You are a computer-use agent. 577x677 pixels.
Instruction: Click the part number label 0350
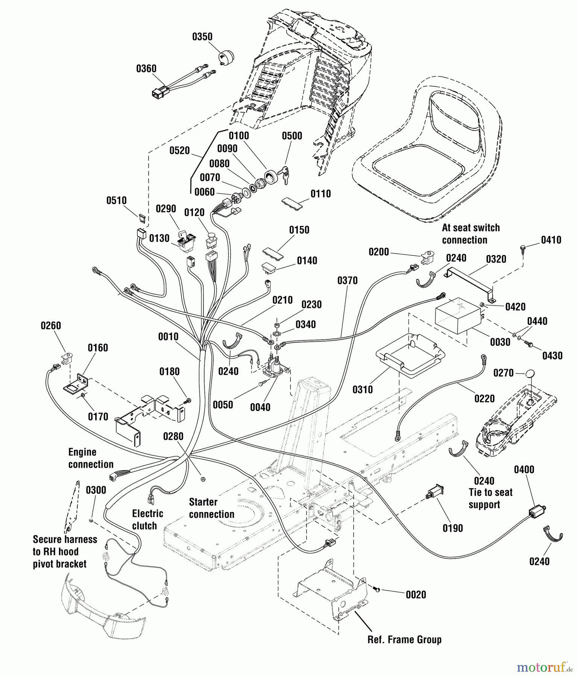[x=202, y=37]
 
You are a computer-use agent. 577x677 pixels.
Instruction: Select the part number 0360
[x=146, y=69]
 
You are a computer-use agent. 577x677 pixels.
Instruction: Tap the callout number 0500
[x=292, y=136]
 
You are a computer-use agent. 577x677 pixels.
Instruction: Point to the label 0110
[x=320, y=194]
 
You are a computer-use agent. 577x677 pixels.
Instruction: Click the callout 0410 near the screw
[x=551, y=240]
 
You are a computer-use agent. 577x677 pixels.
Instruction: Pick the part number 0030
[x=500, y=342]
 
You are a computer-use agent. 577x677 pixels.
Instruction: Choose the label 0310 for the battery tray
[x=363, y=389]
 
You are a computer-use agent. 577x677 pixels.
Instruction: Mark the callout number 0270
[x=503, y=373]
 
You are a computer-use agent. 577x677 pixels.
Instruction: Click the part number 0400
[x=524, y=469]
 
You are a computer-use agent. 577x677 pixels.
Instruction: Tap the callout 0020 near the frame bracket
[x=416, y=595]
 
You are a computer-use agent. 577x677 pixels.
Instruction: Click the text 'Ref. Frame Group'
[x=404, y=640]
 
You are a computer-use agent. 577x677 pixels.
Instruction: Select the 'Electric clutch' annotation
[x=147, y=519]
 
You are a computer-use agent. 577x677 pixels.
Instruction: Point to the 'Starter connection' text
[x=211, y=508]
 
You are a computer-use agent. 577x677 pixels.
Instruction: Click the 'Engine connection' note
[x=91, y=458]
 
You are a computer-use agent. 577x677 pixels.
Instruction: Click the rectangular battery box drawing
[x=458, y=315]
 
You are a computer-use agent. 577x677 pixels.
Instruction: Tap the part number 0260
[x=51, y=325]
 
